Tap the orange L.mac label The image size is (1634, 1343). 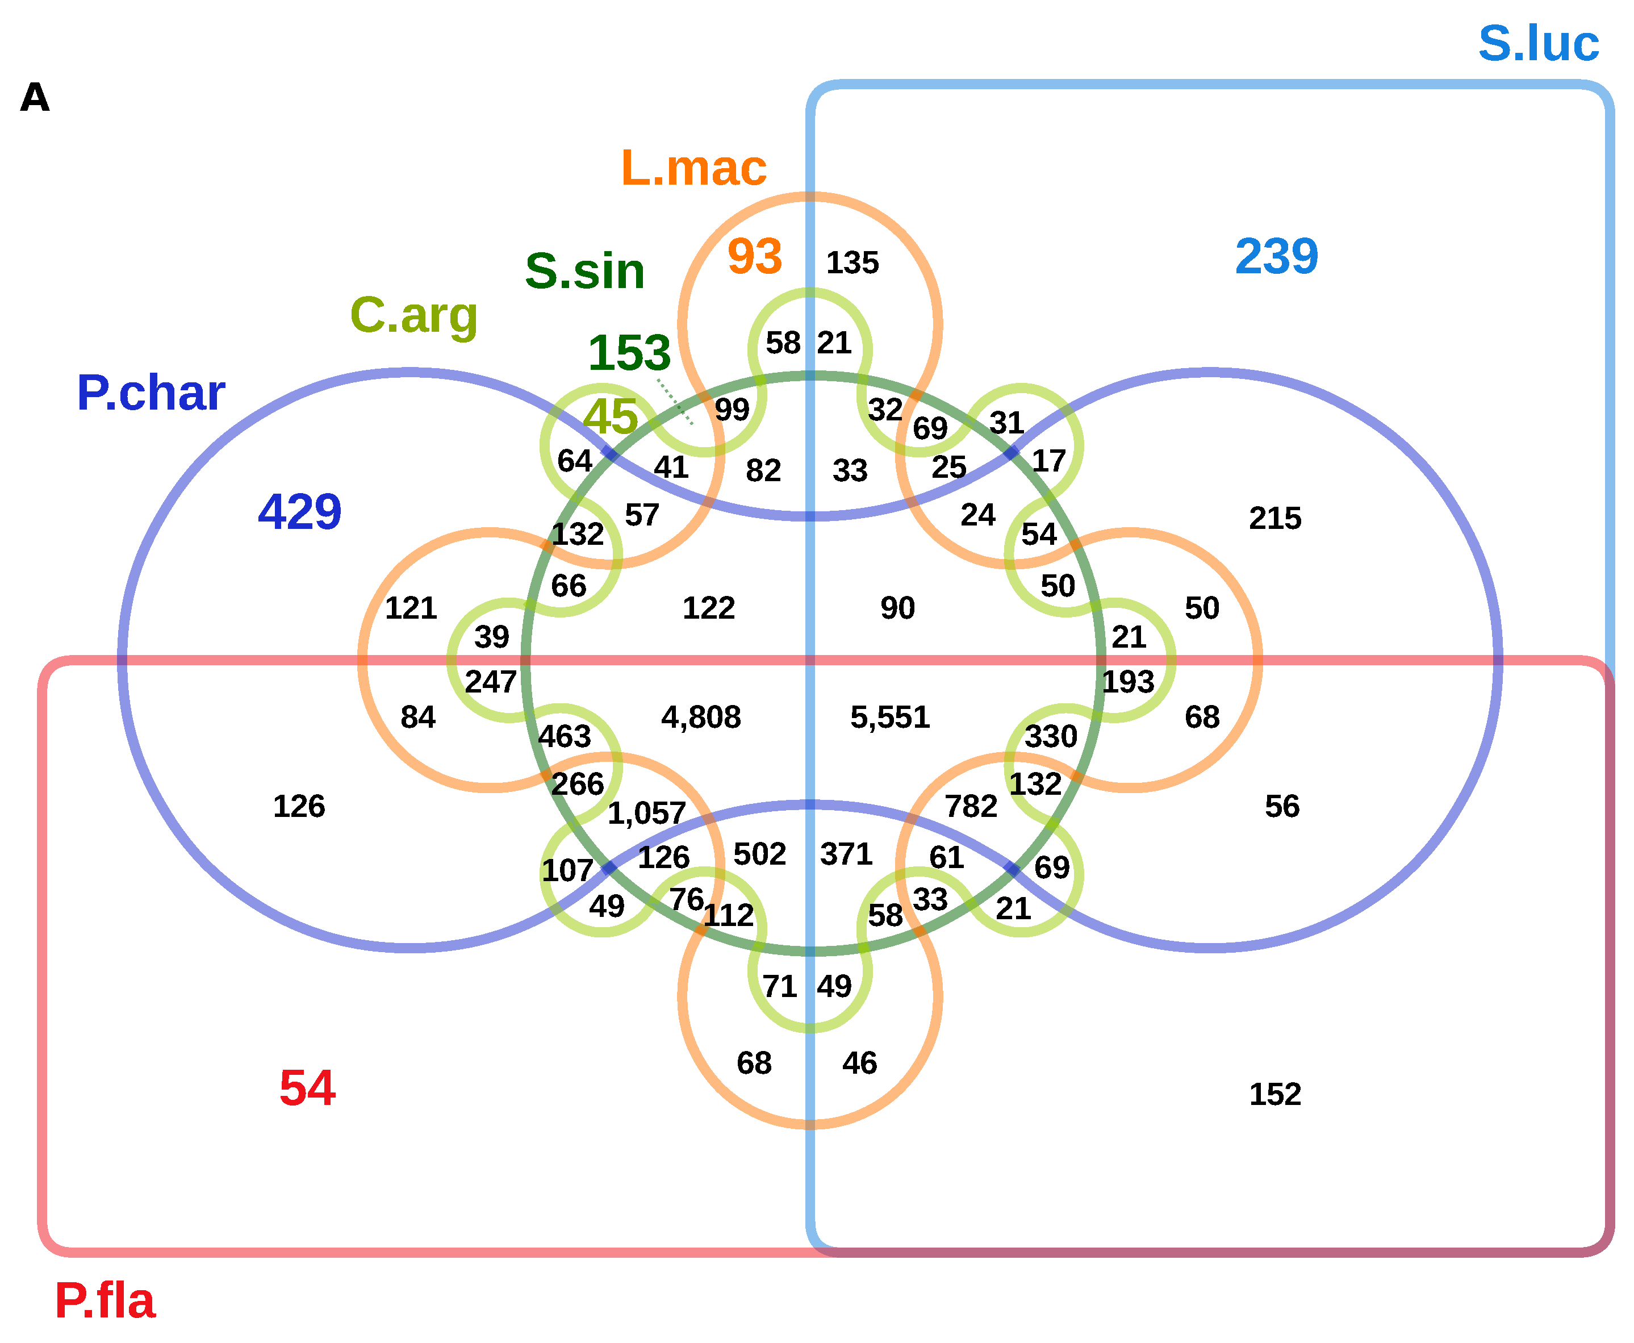[x=693, y=168]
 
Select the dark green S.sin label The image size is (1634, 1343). [x=584, y=272]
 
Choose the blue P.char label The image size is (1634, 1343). [x=151, y=393]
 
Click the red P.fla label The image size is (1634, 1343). [x=105, y=1300]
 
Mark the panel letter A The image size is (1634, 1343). [x=35, y=98]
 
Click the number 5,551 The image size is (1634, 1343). [x=889, y=717]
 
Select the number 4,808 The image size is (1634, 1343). [x=701, y=717]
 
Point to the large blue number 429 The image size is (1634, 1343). [x=299, y=512]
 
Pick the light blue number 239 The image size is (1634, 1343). [x=1276, y=257]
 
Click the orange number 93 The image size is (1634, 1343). [x=754, y=257]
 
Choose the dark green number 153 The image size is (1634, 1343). [x=629, y=353]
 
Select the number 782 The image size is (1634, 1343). [x=971, y=807]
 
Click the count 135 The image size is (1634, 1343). [x=852, y=263]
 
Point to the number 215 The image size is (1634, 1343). [x=1274, y=518]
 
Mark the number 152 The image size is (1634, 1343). [x=1274, y=1095]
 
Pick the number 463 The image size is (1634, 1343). [x=564, y=736]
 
